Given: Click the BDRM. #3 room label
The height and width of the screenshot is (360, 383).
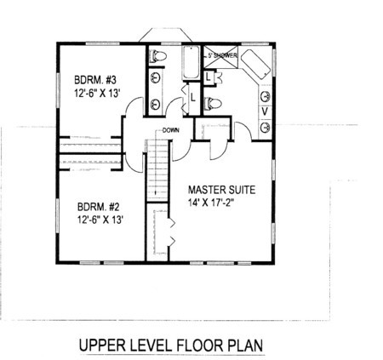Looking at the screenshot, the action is coord(95,80).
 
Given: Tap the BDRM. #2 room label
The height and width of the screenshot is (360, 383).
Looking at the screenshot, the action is coord(99,207).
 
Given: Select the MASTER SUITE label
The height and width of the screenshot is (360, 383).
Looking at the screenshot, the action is coord(222,190).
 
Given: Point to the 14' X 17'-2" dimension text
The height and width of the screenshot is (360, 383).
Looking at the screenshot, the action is coord(210,203).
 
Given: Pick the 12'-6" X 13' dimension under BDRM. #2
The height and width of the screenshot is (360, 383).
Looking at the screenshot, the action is coord(100,220).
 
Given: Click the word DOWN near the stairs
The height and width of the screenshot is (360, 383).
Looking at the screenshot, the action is coord(171,130).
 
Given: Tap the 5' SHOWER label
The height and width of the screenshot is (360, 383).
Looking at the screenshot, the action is coord(222,55).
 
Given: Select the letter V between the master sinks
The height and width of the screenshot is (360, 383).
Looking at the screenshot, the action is coord(265,111).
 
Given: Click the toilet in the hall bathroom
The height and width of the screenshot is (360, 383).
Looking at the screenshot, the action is coord(157,55).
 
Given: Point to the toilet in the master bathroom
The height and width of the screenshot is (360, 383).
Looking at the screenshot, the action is coord(213,103).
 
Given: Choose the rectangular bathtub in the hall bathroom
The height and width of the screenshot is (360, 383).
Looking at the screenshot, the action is coord(191,62).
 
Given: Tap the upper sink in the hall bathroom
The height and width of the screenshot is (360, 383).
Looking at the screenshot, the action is coord(156,77).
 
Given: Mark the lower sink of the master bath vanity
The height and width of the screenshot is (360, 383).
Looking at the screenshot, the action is coord(266,127).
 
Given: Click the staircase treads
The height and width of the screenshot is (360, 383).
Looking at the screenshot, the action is coord(157,171).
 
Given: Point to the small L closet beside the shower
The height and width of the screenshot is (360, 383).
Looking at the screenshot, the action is coord(209,77).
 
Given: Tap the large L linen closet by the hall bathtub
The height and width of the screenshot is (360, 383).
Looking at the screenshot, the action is coord(193,98).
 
